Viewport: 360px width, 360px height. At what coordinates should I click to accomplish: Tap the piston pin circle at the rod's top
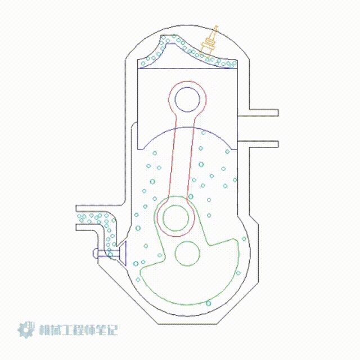click(188, 99)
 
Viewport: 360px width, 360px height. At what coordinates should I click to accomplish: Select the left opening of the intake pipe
click(77, 217)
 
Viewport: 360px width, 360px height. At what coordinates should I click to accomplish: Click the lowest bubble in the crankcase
click(208, 304)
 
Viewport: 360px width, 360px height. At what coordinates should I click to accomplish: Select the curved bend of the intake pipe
click(107, 222)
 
